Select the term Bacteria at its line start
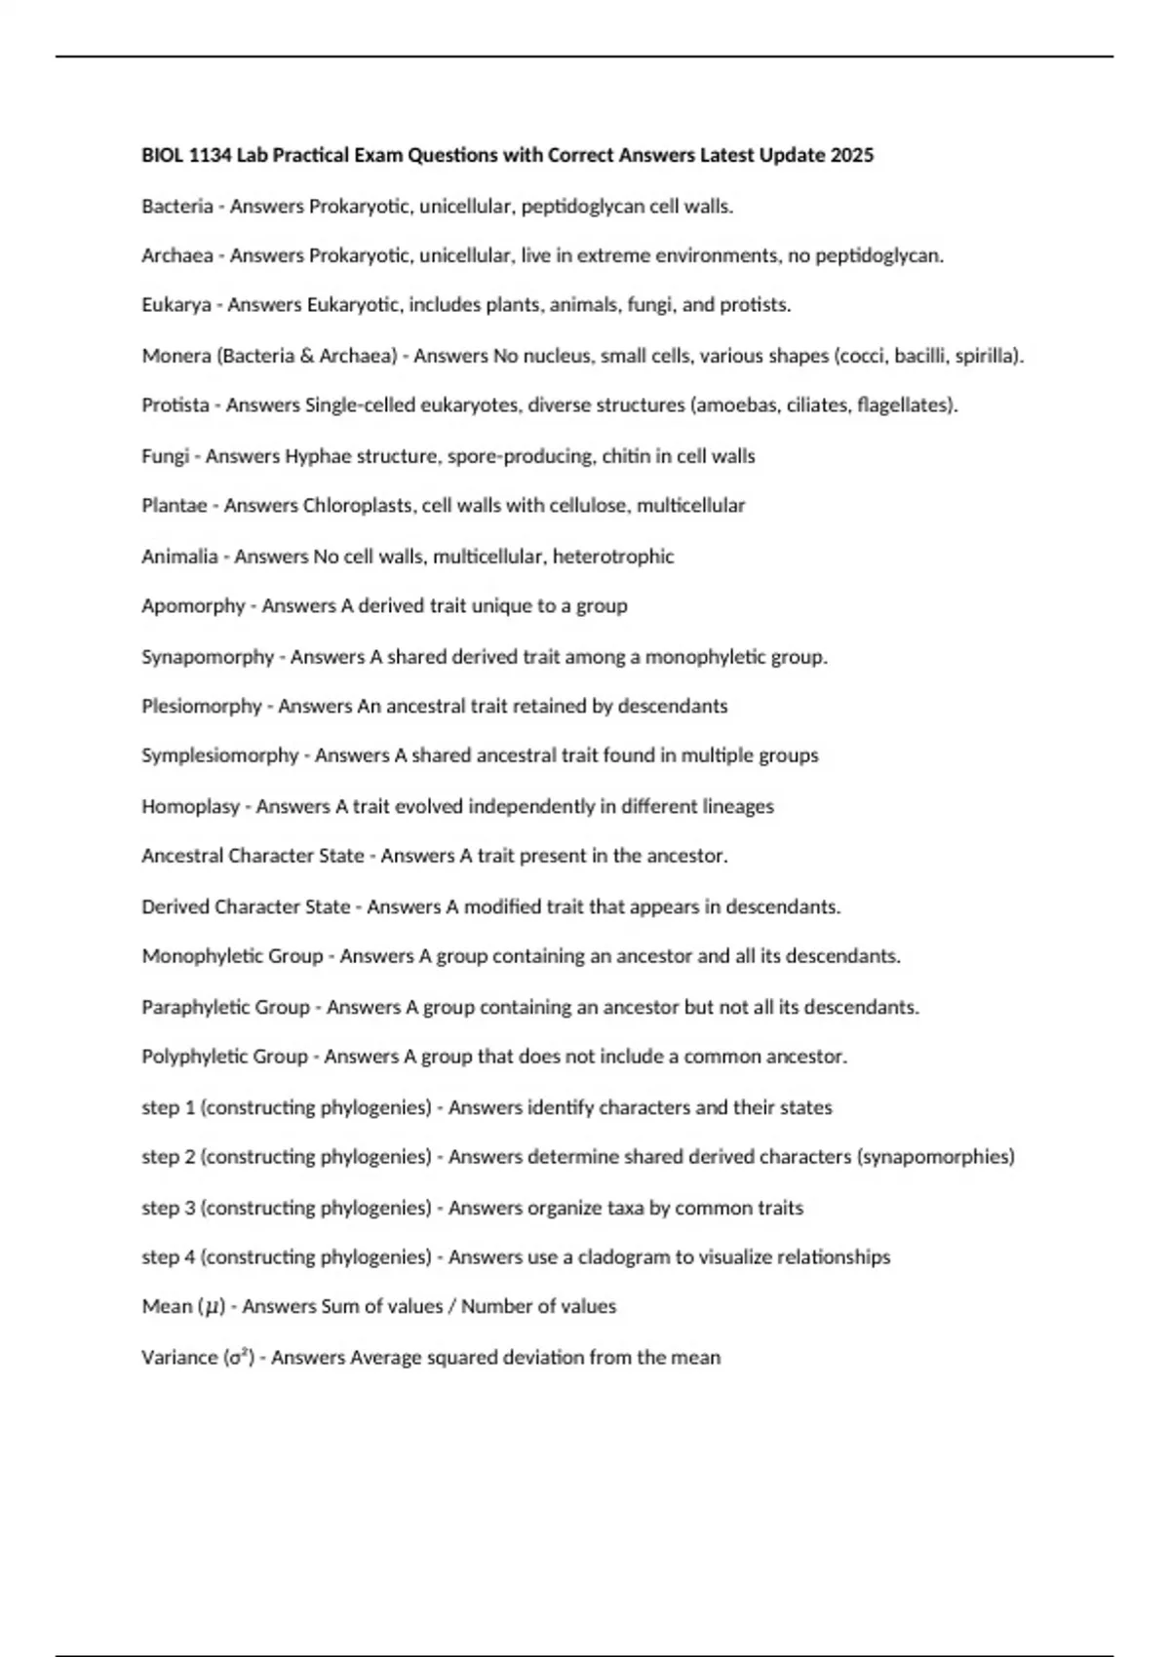tap(176, 206)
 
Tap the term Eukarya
tap(176, 305)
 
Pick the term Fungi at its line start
tap(165, 456)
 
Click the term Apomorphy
tap(193, 606)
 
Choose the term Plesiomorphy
tap(202, 706)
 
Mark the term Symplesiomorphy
tap(219, 755)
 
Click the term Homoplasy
tap(190, 806)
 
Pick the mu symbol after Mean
tap(212, 1307)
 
